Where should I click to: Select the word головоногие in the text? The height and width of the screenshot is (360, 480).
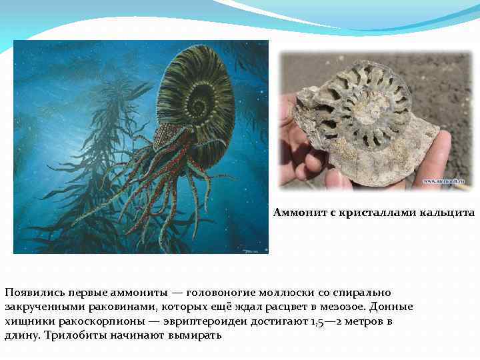[x=220, y=293]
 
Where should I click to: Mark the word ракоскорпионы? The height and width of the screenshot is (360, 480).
[x=86, y=321]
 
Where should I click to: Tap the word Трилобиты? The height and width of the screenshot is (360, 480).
[x=74, y=335]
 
